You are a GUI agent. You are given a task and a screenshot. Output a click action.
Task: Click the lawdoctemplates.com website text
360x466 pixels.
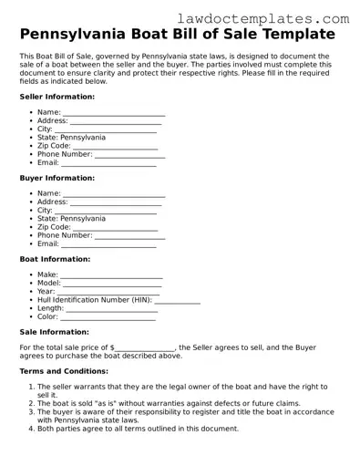tap(275, 17)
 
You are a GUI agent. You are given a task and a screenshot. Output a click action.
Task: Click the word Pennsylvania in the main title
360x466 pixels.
tap(81, 36)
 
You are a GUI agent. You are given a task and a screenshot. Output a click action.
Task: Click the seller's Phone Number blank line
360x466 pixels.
tap(130, 155)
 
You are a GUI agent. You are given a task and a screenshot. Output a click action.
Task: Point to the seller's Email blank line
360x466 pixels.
tap(108, 164)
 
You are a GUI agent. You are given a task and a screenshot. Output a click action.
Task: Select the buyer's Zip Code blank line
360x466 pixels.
tap(115, 228)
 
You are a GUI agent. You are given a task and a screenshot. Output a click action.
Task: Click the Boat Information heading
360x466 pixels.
tap(55, 259)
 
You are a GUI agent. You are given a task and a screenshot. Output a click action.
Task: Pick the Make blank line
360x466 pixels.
tap(111, 275)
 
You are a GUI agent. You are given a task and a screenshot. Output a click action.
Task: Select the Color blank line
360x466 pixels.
tap(108, 317)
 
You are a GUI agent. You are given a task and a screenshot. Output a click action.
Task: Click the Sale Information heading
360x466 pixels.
tap(54, 332)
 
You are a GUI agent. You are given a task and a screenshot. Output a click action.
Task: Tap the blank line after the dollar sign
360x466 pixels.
tap(145, 348)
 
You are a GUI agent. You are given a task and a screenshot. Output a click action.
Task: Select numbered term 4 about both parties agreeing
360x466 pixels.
tap(138, 428)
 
